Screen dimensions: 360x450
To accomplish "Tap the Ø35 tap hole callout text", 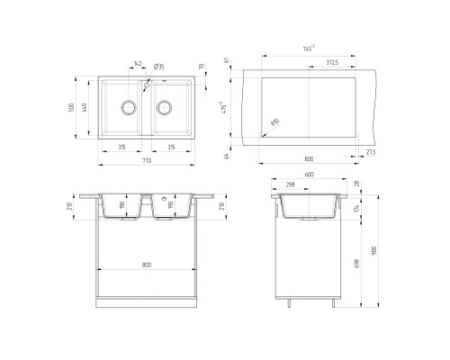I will point(158,66).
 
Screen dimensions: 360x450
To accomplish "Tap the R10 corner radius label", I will point(273,120).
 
